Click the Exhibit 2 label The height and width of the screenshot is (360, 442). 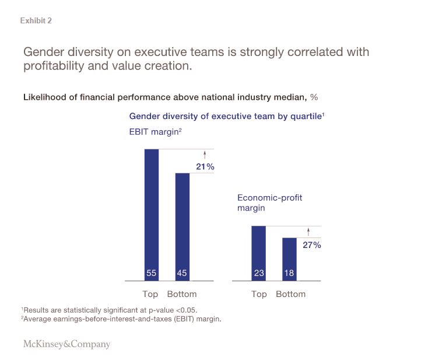click(36, 21)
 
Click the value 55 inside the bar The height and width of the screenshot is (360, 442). click(152, 273)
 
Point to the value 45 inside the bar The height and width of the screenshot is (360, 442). click(183, 273)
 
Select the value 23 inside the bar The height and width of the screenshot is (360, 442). click(258, 273)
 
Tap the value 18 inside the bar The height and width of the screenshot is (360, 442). click(289, 273)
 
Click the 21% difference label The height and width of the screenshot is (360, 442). click(205, 167)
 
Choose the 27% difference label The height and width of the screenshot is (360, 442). click(312, 245)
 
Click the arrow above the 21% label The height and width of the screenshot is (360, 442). click(205, 155)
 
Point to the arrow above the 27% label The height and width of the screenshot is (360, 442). click(308, 232)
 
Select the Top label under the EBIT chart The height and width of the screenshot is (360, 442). click(150, 294)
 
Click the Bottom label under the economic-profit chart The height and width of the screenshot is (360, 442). click(290, 294)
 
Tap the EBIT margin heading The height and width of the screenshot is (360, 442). click(155, 132)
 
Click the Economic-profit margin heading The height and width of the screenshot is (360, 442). click(269, 202)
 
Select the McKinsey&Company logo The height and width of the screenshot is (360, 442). click(66, 344)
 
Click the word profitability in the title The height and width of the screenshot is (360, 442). click(52, 66)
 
